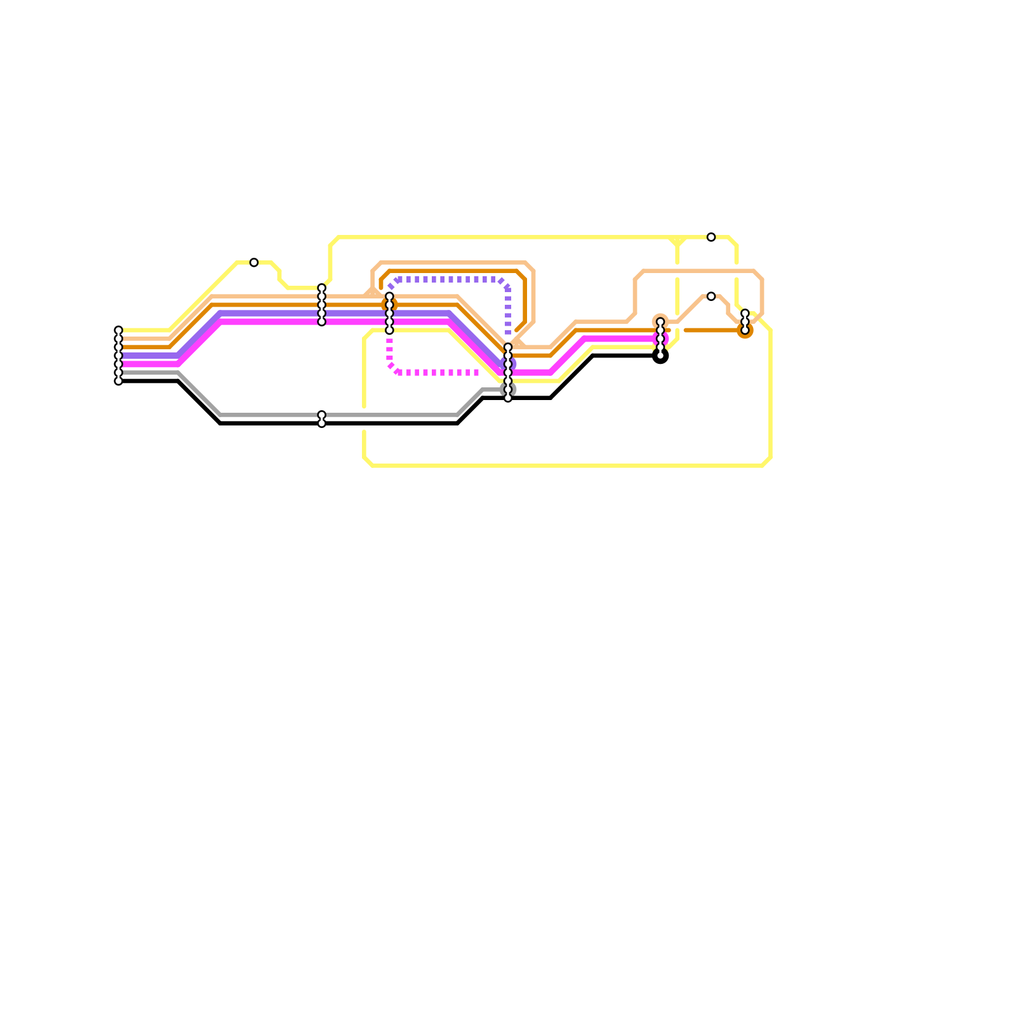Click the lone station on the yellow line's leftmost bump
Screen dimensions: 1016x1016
[254, 262]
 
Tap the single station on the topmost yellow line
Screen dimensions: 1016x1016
[711, 237]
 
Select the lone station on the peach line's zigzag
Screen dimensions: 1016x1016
[711, 297]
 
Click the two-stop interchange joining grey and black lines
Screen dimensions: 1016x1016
[321, 419]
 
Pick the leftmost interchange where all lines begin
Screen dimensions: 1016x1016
[118, 356]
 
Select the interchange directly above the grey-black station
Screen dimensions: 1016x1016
[321, 305]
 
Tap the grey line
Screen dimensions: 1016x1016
[381, 415]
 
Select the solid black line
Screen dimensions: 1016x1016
[381, 424]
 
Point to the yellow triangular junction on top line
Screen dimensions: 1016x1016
[678, 241]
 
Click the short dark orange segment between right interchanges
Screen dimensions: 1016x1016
[711, 330]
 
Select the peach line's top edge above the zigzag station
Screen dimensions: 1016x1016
[698, 271]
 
